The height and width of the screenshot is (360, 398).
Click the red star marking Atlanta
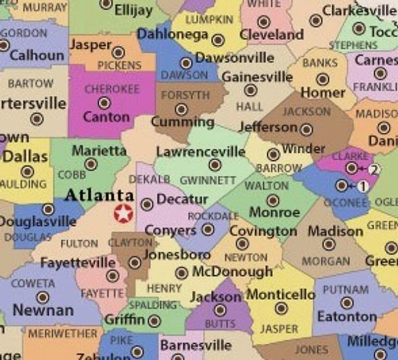123,213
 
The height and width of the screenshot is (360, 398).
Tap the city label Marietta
99,151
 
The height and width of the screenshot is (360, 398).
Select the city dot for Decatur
147,204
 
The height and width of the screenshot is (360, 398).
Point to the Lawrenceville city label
200,152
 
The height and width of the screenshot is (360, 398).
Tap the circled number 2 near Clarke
374,170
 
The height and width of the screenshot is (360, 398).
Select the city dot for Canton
105,103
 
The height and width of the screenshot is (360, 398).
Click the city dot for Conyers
207,229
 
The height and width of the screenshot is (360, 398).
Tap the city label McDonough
232,271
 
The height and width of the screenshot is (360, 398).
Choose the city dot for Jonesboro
135,262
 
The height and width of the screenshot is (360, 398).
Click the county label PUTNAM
346,289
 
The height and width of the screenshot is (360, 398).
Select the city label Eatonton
347,316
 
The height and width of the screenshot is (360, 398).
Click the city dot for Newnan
42,297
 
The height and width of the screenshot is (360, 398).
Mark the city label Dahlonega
173,34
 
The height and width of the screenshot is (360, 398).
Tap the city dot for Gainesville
250,90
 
